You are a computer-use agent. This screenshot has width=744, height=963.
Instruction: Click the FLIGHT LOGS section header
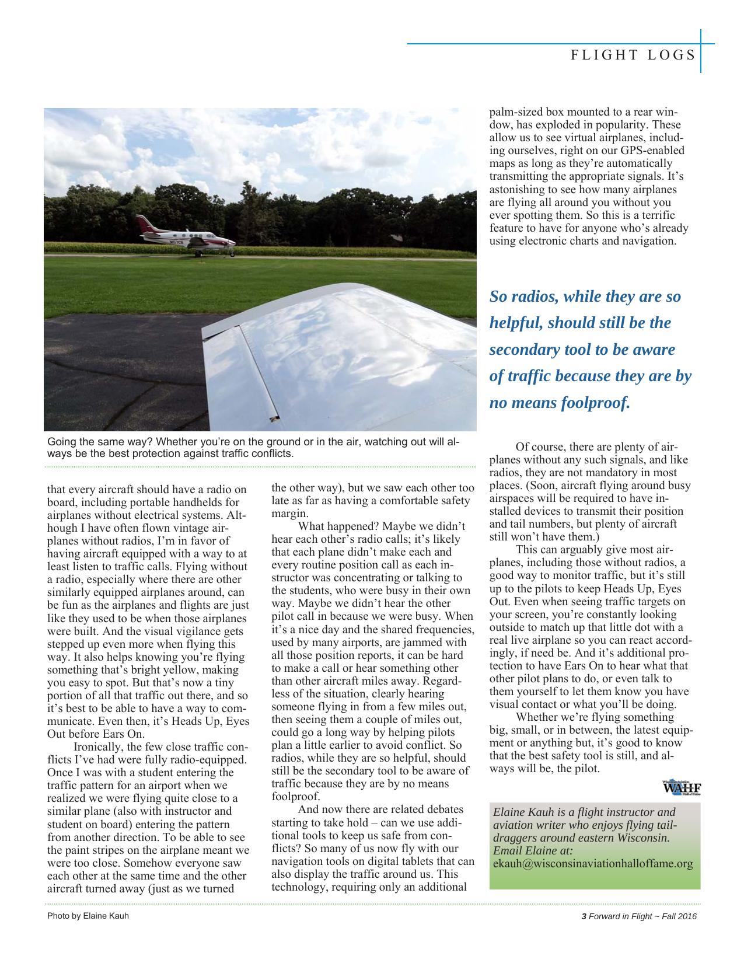tap(633, 55)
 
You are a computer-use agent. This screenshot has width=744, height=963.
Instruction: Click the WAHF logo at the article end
tap(682, 788)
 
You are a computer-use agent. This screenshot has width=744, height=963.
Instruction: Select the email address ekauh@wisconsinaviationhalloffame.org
tap(593, 864)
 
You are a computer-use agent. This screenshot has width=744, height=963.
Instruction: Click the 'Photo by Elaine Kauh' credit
tap(88, 916)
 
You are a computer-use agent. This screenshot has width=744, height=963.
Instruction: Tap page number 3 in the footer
tap(584, 916)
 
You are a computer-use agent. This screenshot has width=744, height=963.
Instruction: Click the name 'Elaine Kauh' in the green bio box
tap(523, 812)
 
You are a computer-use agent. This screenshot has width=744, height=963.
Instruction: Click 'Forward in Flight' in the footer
tap(620, 916)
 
